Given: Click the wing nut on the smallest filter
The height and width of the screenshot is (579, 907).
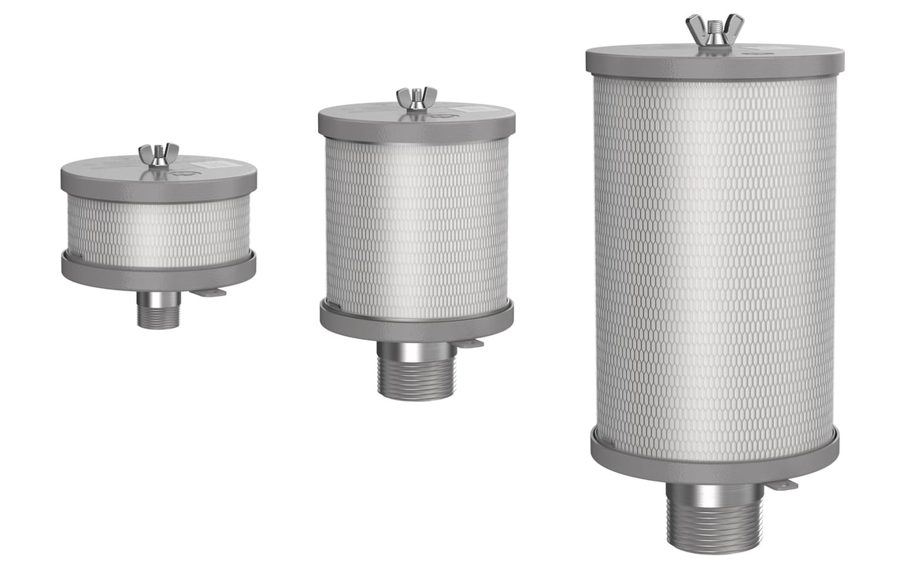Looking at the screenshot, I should click(159, 154).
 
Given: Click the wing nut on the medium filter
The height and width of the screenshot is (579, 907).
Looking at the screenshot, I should click(416, 98).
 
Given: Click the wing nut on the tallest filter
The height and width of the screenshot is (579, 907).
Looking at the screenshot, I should click(714, 30).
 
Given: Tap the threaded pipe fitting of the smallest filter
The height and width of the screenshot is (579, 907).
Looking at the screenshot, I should click(158, 310).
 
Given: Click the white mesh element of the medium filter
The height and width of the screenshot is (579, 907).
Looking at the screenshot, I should click(416, 228).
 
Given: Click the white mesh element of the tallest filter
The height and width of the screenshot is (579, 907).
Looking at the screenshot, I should click(714, 260).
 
